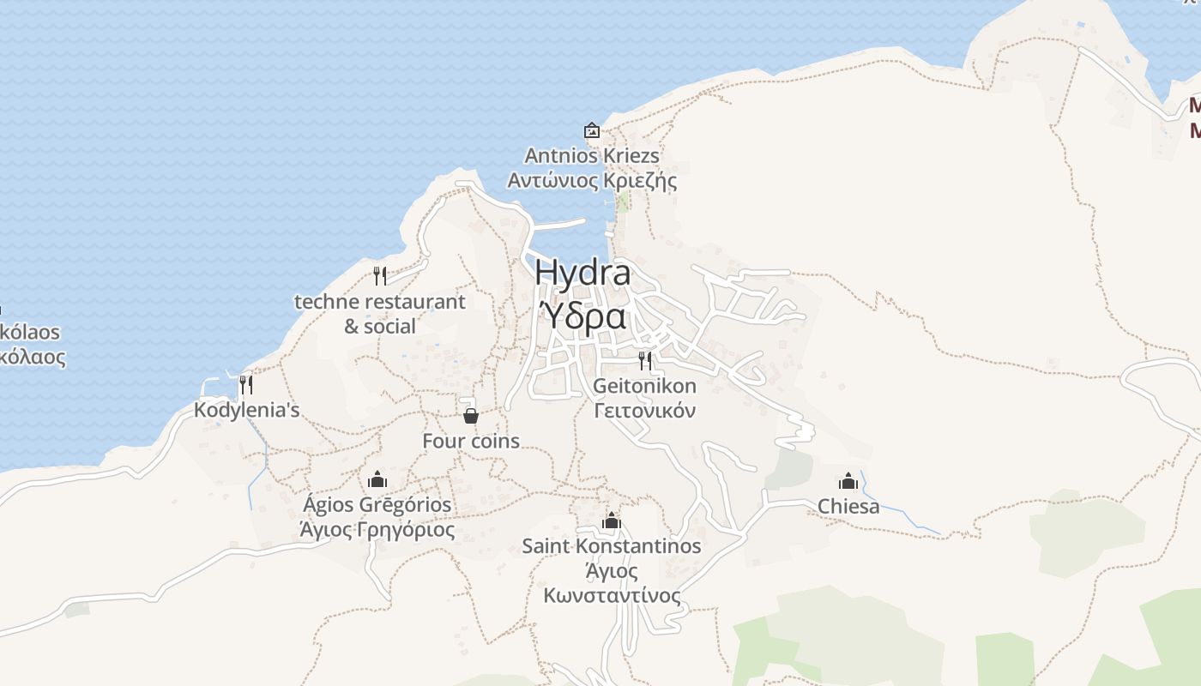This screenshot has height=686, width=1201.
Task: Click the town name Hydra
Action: [x=582, y=274]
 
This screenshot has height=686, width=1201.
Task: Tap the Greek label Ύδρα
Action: [x=582, y=316]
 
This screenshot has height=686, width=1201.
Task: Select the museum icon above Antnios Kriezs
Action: [x=591, y=130]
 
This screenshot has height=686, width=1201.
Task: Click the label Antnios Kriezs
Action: [x=592, y=156]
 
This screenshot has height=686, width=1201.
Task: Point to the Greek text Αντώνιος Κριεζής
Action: [x=592, y=181]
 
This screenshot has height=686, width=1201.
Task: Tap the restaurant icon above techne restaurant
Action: [x=380, y=276]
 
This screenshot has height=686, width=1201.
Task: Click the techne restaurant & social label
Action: [x=380, y=314]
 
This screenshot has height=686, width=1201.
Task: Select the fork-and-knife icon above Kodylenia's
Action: [x=246, y=384]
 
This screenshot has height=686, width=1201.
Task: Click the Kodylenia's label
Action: [x=246, y=410]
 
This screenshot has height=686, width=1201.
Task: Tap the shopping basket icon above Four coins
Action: [x=471, y=416]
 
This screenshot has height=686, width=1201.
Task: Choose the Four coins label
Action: [x=471, y=441]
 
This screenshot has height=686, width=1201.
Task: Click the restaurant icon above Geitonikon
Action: [x=645, y=360]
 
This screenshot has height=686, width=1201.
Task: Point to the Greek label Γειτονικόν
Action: [x=645, y=411]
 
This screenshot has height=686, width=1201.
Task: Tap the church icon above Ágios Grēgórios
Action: [x=377, y=479]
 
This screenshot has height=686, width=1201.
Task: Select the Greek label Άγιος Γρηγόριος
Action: [x=377, y=529]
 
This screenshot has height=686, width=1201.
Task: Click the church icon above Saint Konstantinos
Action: [x=611, y=521]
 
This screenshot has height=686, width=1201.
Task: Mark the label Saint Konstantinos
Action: [x=611, y=546]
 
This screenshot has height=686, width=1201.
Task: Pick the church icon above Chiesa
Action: [x=848, y=481]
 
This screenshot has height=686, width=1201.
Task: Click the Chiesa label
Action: [x=848, y=506]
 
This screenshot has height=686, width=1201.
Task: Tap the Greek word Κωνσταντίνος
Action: [x=611, y=595]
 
